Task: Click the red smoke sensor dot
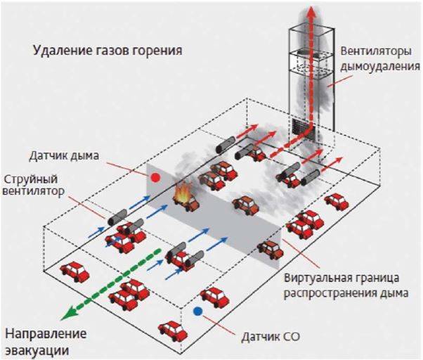pyautogui.click(x=155, y=177)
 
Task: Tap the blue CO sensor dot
pyautogui.click(x=197, y=311)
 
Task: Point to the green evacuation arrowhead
pyautogui.click(x=68, y=313)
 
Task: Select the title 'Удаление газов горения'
pyautogui.click(x=108, y=51)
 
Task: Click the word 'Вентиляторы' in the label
pyautogui.click(x=376, y=51)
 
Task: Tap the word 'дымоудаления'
pyautogui.click(x=380, y=66)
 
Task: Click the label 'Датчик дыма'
pyautogui.click(x=64, y=155)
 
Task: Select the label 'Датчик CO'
pyautogui.click(x=271, y=337)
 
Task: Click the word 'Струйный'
pyautogui.click(x=31, y=179)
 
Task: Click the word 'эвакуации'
pyautogui.click(x=37, y=351)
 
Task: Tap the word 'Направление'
pyautogui.click(x=46, y=334)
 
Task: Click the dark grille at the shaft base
pyautogui.click(x=300, y=127)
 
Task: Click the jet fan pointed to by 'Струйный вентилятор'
pyautogui.click(x=117, y=217)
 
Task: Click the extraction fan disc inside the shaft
pyautogui.click(x=311, y=52)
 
